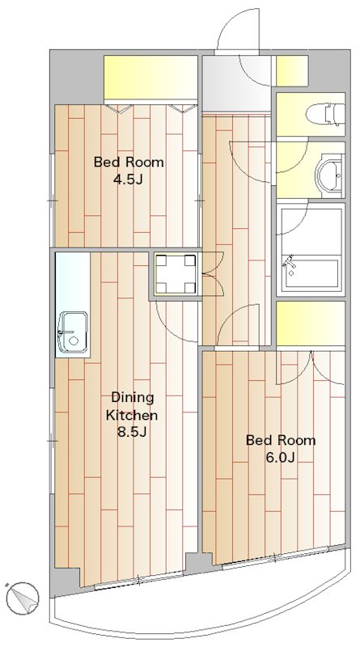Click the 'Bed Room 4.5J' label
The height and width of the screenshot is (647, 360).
(x=129, y=171)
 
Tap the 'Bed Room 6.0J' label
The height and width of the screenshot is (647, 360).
(x=281, y=449)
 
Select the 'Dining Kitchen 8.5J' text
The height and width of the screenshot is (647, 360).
(x=132, y=415)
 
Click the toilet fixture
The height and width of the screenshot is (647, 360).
(x=326, y=114)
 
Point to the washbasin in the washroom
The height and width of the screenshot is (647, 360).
(x=330, y=175)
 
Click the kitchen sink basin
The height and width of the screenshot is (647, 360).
(x=73, y=332)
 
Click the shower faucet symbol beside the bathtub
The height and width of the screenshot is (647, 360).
(x=290, y=264)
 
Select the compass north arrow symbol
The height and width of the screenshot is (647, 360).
(x=23, y=598)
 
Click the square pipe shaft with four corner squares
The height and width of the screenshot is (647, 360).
(x=176, y=273)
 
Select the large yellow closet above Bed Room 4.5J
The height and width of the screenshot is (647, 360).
(x=150, y=77)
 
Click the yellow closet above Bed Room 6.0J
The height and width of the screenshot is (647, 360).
(x=311, y=323)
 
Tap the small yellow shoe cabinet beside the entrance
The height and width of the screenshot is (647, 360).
(x=292, y=71)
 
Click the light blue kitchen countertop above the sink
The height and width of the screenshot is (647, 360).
(x=73, y=281)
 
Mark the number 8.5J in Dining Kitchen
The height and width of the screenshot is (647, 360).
(x=132, y=432)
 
